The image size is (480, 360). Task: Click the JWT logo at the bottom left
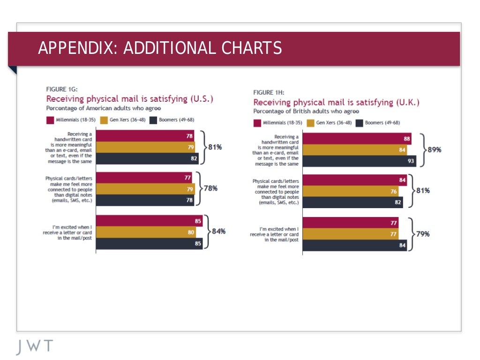(35, 346)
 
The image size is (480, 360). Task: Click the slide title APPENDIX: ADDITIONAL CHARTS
(160, 48)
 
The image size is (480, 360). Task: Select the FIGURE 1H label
(269, 92)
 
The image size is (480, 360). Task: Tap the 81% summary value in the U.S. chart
(215, 147)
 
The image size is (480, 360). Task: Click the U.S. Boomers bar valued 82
(147, 158)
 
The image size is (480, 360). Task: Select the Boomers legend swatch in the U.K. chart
(360, 123)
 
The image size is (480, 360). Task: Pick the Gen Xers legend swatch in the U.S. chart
(103, 120)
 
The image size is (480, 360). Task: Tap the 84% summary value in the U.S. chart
(219, 231)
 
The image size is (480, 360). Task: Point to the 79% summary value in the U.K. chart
(422, 233)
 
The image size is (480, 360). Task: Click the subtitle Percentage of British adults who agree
(306, 112)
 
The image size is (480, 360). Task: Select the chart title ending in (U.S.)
(129, 99)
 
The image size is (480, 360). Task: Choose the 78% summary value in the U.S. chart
(210, 188)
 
